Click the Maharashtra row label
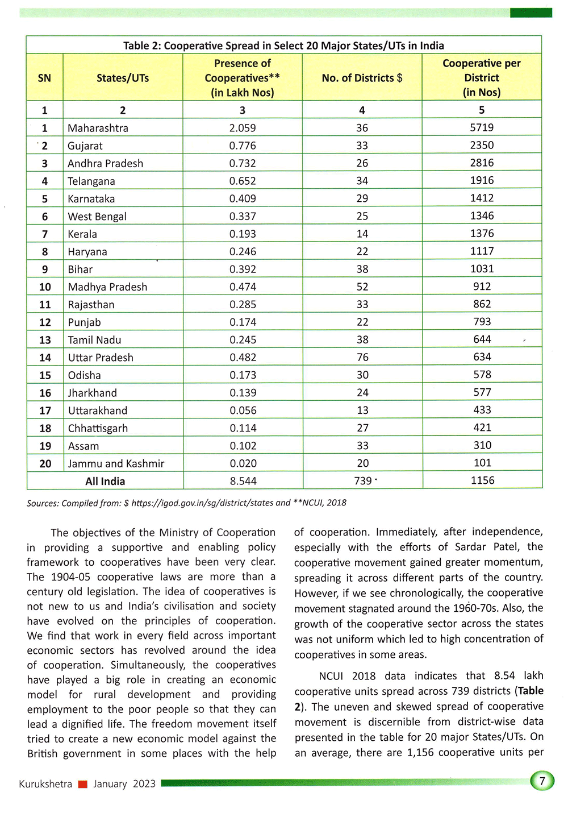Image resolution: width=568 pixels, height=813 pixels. (x=98, y=128)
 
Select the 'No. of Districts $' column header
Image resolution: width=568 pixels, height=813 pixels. (x=362, y=78)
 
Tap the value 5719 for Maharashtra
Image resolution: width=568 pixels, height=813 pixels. (x=482, y=127)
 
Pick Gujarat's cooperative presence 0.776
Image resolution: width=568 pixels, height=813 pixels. (x=243, y=146)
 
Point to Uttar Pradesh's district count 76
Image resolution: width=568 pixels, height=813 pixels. (x=362, y=357)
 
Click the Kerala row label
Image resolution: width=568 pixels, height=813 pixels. (x=82, y=234)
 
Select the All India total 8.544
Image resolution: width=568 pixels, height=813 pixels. (x=243, y=481)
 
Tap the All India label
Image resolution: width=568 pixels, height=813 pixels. (x=105, y=481)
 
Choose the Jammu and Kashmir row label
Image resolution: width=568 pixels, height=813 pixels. (x=116, y=463)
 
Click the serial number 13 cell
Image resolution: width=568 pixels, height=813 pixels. (x=45, y=340)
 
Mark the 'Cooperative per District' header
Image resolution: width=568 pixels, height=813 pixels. (x=482, y=78)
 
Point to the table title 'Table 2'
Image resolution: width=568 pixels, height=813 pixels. (x=283, y=45)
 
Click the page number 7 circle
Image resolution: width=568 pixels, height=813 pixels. (x=542, y=781)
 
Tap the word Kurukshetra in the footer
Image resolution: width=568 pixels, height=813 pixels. (x=45, y=784)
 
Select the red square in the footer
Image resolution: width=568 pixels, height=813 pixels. (x=82, y=785)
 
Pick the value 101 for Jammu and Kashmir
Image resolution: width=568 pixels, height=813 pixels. (x=482, y=463)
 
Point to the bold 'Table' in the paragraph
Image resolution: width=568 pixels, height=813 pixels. (x=531, y=691)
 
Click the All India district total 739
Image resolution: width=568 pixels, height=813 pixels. (x=363, y=481)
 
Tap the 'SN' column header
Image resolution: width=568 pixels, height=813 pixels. (x=44, y=78)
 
